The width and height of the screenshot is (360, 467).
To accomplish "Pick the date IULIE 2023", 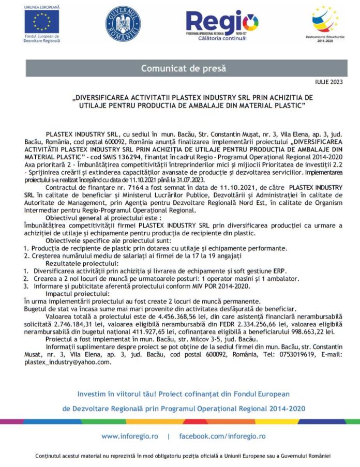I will click(328, 82).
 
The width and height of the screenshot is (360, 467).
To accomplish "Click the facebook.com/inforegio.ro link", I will click(222, 436).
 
